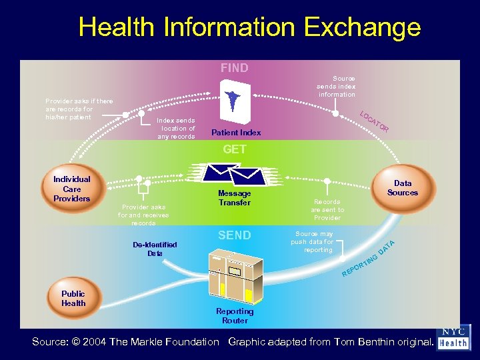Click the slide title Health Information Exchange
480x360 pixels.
coord(249,27)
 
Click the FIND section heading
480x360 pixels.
coord(235,68)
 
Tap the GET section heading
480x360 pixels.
coord(235,149)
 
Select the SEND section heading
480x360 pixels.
coord(235,235)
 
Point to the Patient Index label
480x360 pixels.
coord(235,133)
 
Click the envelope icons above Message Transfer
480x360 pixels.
coord(233,174)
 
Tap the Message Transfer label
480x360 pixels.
coord(234,198)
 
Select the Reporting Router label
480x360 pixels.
coord(235,316)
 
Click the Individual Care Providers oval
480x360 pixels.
coord(71,189)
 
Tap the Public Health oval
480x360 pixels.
coord(73,298)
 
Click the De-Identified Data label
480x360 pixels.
coord(155,249)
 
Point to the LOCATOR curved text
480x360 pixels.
coord(374,120)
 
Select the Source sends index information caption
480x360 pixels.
coord(336,86)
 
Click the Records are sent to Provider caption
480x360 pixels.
coord(327,209)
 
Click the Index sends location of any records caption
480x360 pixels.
coord(176,128)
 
